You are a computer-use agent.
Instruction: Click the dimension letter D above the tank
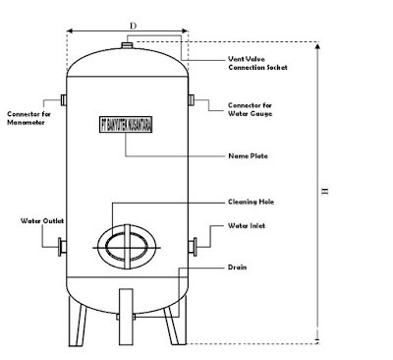pyautogui.click(x=133, y=26)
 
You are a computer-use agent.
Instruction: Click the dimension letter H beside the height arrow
pyautogui.click(x=325, y=191)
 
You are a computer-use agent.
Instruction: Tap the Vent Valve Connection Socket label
pyautogui.click(x=257, y=63)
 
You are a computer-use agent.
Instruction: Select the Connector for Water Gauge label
pyautogui.click(x=251, y=109)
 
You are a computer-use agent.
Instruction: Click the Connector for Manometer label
pyautogui.click(x=28, y=118)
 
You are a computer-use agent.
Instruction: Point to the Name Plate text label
pyautogui.click(x=248, y=155)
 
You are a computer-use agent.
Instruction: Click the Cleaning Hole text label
pyautogui.click(x=251, y=202)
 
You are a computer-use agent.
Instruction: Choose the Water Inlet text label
pyautogui.click(x=247, y=225)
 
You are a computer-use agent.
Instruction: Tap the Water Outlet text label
pyautogui.click(x=42, y=220)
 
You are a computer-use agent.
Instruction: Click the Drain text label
pyautogui.click(x=237, y=268)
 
